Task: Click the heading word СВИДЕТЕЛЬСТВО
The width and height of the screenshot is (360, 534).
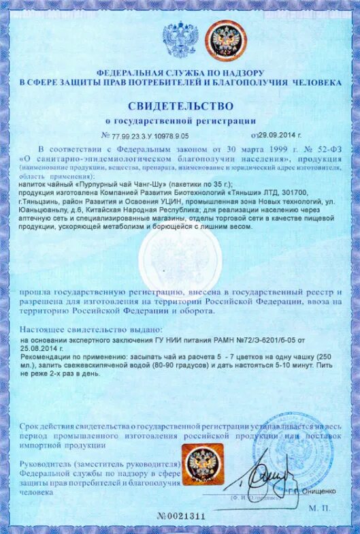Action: pos(180,106)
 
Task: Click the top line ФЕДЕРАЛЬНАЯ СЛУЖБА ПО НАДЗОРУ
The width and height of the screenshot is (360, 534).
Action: pos(179,72)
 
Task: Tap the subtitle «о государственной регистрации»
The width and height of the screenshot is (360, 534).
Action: pos(180,121)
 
